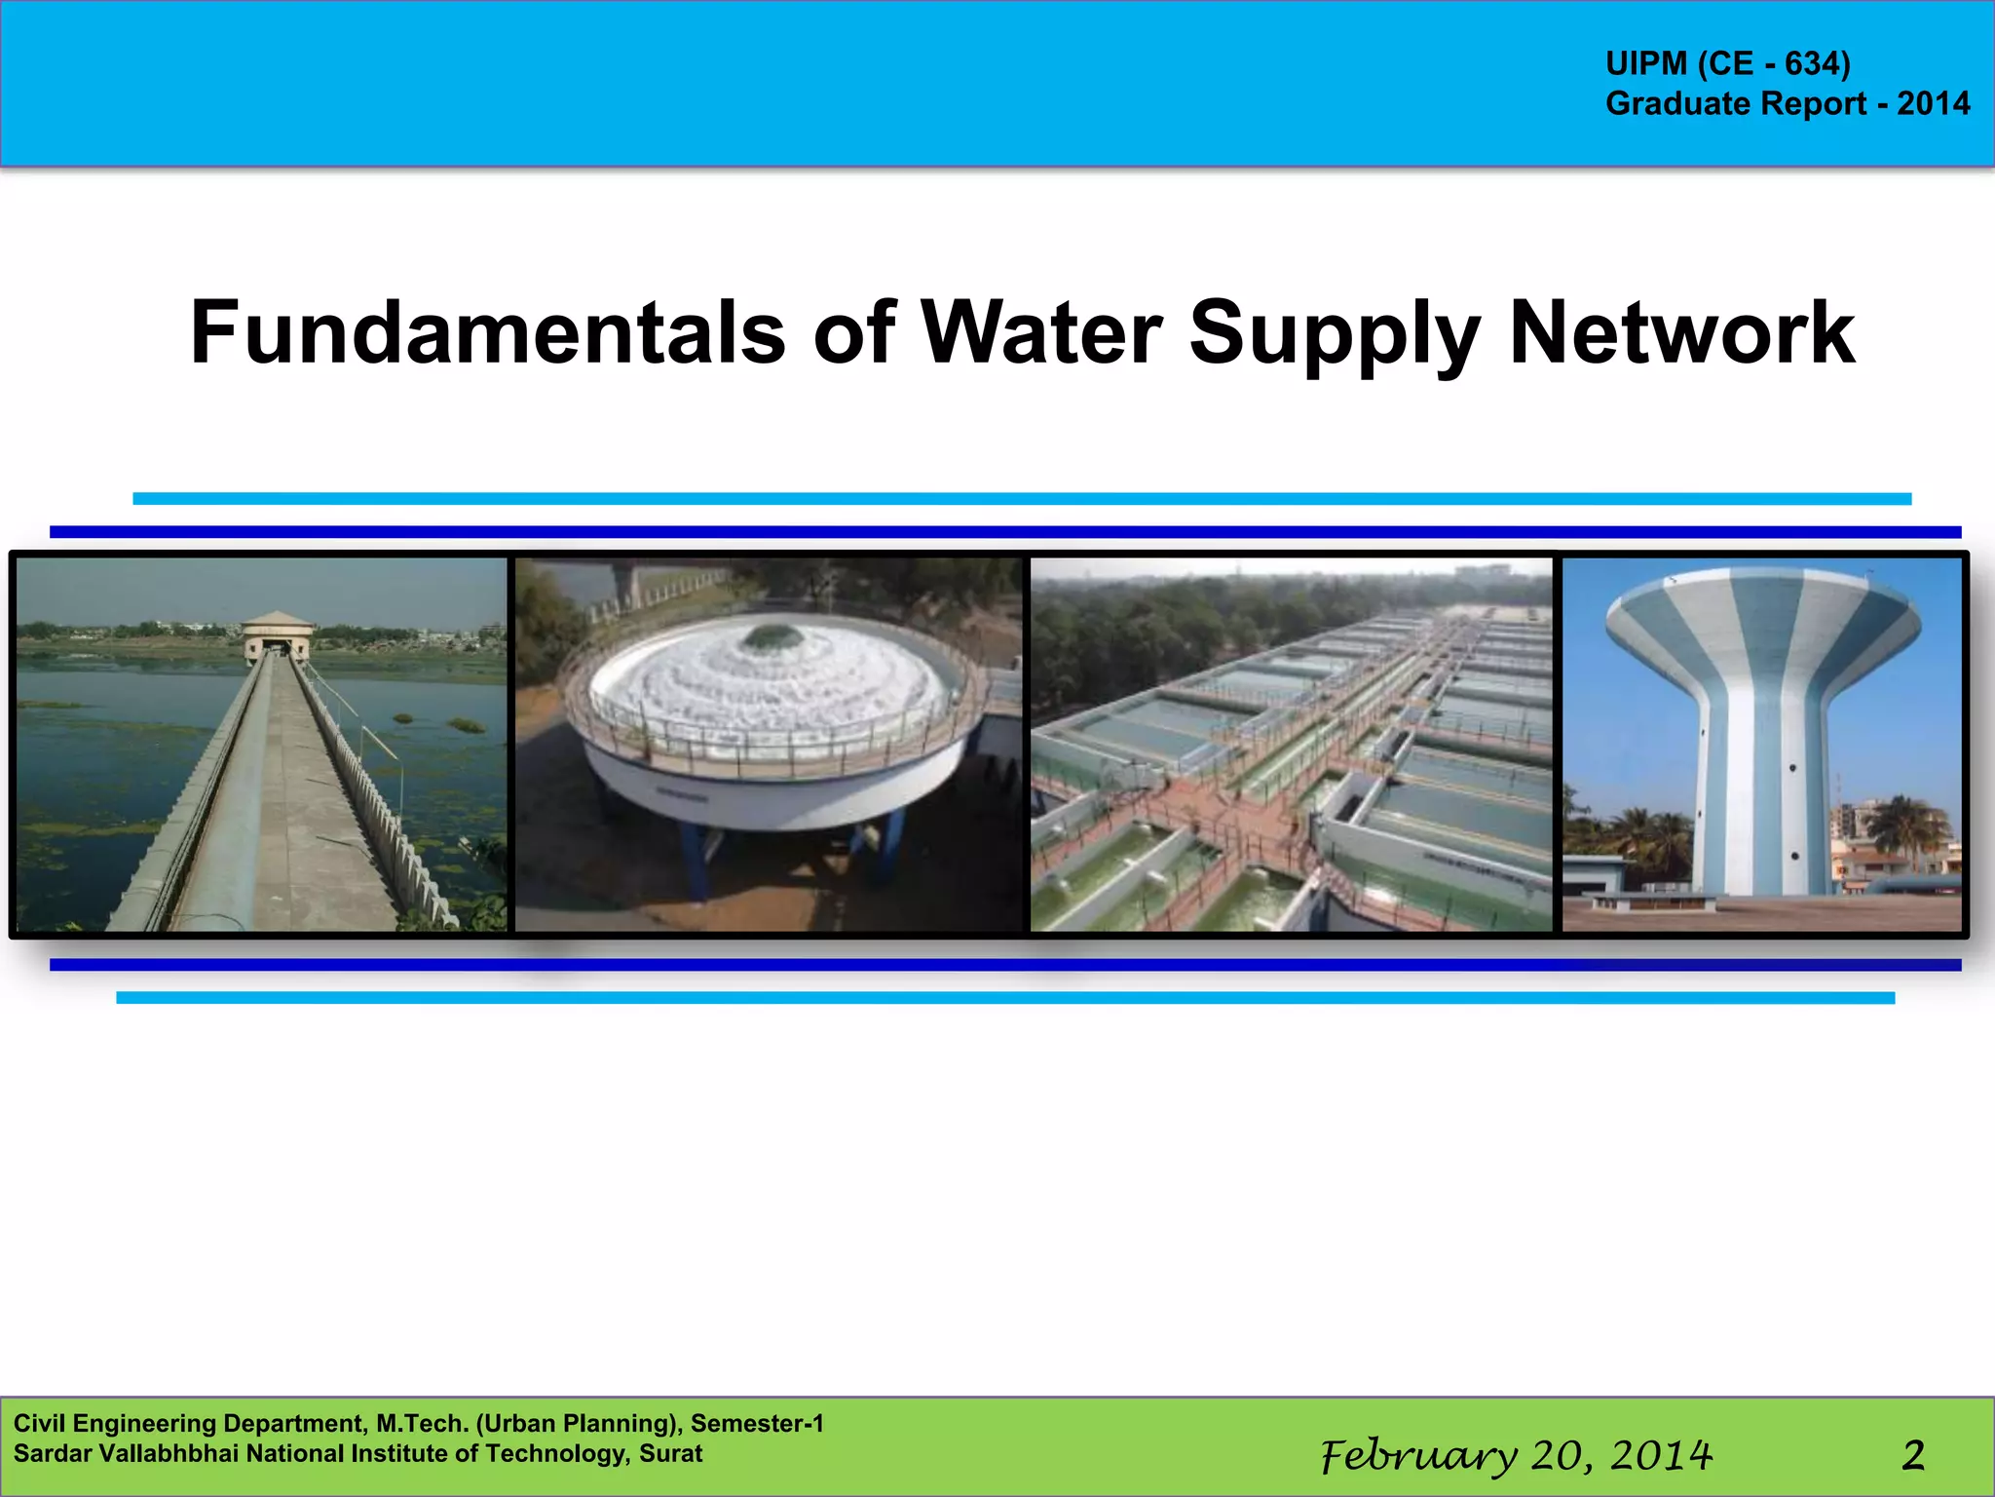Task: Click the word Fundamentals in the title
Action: point(487,333)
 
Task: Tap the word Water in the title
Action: point(1041,333)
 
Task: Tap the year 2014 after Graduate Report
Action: point(1933,103)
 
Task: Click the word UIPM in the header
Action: point(1646,63)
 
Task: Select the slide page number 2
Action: point(1913,1455)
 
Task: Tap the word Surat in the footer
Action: point(670,1453)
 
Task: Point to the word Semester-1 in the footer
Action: point(757,1423)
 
